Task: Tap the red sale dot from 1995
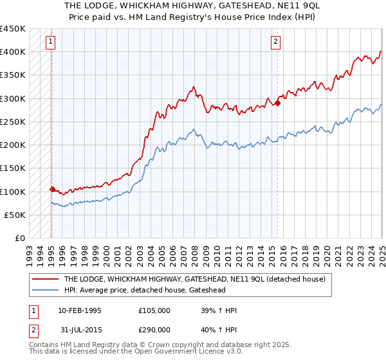(52, 189)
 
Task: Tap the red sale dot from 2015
(278, 102)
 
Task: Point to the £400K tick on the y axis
(13, 51)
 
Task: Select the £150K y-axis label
(13, 168)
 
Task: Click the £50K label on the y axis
(15, 215)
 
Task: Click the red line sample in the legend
(46, 280)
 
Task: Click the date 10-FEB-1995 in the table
(80, 310)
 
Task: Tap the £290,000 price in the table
(154, 328)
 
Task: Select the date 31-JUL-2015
(80, 328)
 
